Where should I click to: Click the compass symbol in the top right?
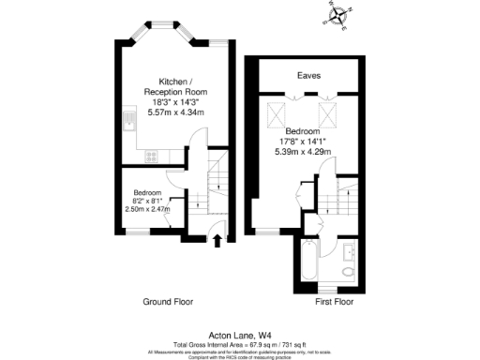(337, 15)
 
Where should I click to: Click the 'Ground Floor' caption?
(168, 302)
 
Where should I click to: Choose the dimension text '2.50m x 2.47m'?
(148, 209)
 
